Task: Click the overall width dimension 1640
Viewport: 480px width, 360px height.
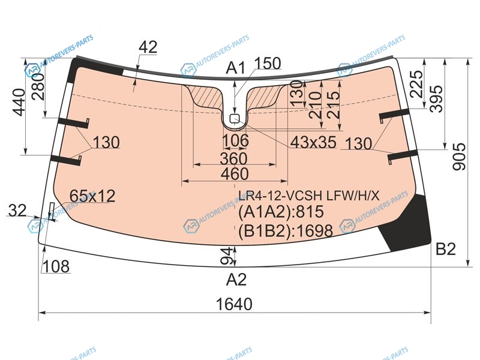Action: click(234, 304)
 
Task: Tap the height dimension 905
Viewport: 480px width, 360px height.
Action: click(459, 157)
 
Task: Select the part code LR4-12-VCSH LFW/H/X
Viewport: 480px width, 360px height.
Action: click(309, 196)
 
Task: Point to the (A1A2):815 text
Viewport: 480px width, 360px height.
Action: click(281, 212)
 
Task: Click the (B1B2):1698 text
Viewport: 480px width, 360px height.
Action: click(286, 230)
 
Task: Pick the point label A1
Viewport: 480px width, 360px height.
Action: click(235, 68)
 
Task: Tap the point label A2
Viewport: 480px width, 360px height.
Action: click(236, 280)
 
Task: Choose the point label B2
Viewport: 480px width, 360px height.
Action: click(445, 249)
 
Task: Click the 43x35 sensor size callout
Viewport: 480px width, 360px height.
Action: click(313, 142)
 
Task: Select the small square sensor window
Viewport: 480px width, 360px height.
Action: click(235, 118)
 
